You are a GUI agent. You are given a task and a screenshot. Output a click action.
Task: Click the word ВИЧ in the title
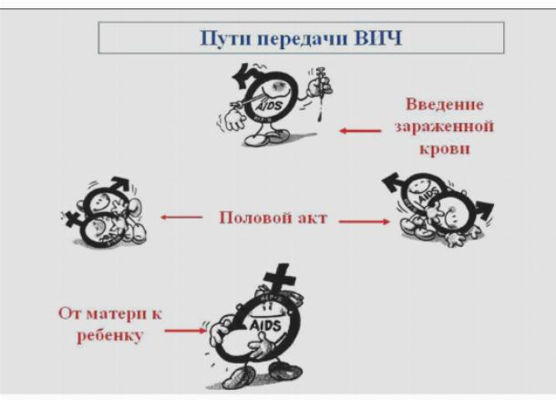[378, 38]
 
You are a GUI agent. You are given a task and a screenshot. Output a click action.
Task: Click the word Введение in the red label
[444, 104]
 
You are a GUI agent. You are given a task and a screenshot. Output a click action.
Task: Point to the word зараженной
[444, 127]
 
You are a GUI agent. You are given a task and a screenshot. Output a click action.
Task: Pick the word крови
[445, 149]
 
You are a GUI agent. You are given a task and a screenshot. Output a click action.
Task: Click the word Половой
[254, 218]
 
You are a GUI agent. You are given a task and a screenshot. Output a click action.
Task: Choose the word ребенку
[109, 335]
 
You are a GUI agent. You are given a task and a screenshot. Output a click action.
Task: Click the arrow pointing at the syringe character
[360, 131]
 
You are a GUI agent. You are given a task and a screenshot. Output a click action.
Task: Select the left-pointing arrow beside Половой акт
[181, 217]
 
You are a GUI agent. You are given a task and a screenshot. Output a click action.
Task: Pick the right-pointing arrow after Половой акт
[365, 221]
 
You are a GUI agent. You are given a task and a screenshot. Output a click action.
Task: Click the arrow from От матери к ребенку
[185, 331]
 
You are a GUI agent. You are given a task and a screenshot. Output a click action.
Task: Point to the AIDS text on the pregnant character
[265, 325]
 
